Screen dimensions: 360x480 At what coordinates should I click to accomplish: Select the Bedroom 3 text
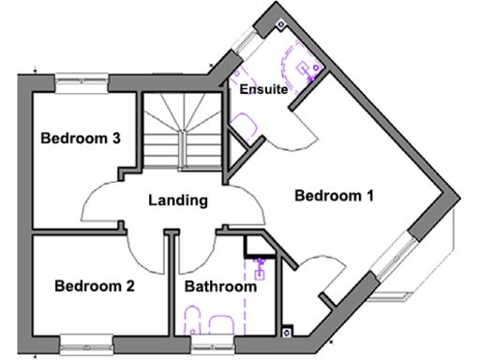click(80, 139)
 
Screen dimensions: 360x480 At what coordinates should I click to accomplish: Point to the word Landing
click(177, 200)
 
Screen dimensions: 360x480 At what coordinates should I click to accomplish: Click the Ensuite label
click(262, 90)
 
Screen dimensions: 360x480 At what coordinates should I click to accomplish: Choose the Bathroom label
click(219, 287)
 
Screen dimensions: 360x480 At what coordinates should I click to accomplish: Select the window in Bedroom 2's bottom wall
click(89, 340)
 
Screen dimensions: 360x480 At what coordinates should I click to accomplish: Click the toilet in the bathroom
click(190, 324)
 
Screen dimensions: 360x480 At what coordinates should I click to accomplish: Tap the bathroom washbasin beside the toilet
click(222, 324)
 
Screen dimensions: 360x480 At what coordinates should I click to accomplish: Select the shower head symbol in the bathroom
click(262, 273)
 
